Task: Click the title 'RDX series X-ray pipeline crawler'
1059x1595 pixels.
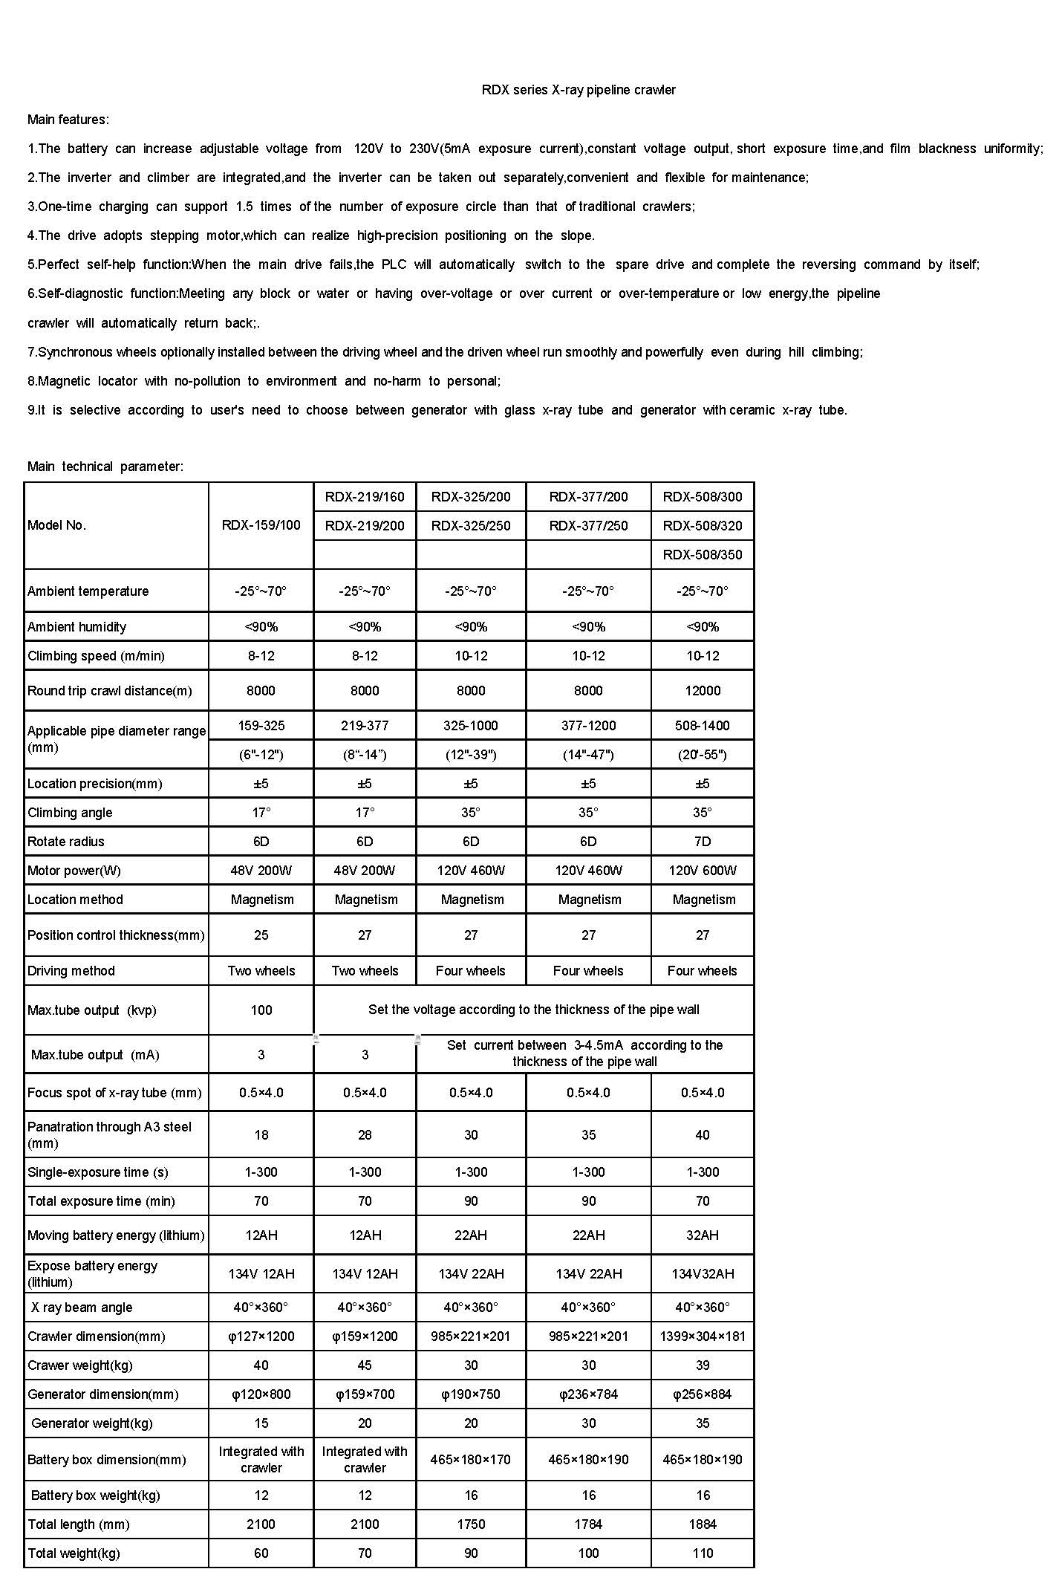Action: pyautogui.click(x=579, y=90)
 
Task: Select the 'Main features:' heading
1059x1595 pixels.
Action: pyautogui.click(x=68, y=120)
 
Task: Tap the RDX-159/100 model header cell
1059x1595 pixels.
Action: pyautogui.click(x=261, y=525)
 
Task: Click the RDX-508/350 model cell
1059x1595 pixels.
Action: pyautogui.click(x=702, y=554)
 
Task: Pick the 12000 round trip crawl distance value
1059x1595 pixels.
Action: pyautogui.click(x=702, y=691)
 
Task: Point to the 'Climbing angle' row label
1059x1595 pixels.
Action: pyautogui.click(x=70, y=813)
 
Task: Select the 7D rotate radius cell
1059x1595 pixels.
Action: pyautogui.click(x=702, y=842)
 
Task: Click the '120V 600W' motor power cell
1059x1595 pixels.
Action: pyautogui.click(x=702, y=871)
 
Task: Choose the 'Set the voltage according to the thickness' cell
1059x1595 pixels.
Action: pyautogui.click(x=533, y=1010)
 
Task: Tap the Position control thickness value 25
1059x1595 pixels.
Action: pyautogui.click(x=261, y=935)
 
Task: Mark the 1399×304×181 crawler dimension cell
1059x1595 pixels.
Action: pyautogui.click(x=702, y=1336)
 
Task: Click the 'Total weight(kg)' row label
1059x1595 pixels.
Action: pyautogui.click(x=74, y=1553)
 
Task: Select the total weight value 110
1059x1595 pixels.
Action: pyautogui.click(x=702, y=1553)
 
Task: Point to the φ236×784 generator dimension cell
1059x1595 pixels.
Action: pyautogui.click(x=588, y=1394)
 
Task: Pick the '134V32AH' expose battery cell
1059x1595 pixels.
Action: pyautogui.click(x=702, y=1274)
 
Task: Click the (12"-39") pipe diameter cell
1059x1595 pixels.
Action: pyautogui.click(x=471, y=755)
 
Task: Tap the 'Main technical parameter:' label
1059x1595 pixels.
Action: pyautogui.click(x=105, y=467)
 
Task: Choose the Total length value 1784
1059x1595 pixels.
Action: pyautogui.click(x=588, y=1524)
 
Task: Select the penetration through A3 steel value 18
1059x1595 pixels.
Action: pyautogui.click(x=261, y=1135)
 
